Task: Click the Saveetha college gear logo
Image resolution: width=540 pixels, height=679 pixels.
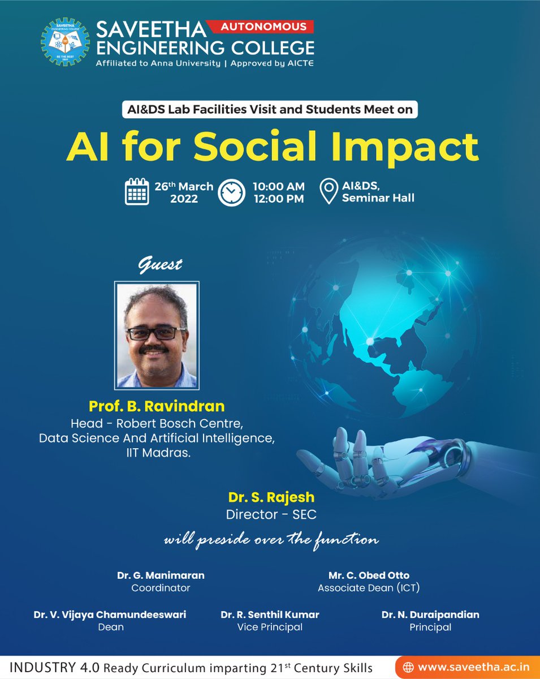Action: point(65,42)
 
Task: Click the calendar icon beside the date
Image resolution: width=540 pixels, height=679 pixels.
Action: point(137,192)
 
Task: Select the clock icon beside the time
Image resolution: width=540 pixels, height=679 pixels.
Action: point(231,192)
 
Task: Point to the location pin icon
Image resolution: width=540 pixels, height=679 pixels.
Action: point(329,191)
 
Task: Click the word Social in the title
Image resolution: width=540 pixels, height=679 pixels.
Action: point(255,147)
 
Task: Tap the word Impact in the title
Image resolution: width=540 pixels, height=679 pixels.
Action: point(405,148)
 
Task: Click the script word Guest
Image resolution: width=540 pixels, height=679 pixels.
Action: point(160,264)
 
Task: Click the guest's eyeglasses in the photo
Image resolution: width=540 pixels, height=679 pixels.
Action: point(156,333)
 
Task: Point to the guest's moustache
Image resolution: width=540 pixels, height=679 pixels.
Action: point(154,349)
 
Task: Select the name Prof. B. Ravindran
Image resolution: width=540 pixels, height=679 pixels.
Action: point(157,406)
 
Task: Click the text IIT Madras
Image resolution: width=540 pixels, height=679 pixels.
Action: point(158,453)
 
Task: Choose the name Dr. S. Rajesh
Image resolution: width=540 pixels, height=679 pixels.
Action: point(271,497)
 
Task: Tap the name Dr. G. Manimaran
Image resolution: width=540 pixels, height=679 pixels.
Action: point(161,575)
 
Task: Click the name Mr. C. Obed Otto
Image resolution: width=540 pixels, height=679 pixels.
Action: point(369,575)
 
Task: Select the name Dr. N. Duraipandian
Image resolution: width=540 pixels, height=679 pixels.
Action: point(430,614)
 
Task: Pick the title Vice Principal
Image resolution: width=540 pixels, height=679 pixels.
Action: point(270,627)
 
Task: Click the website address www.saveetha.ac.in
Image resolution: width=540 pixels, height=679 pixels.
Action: point(473,667)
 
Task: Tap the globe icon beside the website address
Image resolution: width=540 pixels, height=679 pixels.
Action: point(408,667)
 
